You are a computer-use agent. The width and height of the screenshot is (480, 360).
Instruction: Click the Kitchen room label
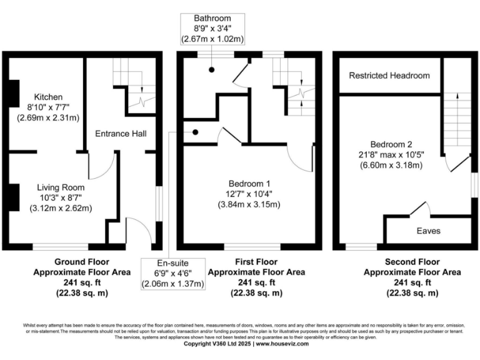point(48,97)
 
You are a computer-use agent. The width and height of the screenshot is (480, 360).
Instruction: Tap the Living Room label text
point(60,187)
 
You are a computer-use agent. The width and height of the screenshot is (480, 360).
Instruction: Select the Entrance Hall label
point(121,134)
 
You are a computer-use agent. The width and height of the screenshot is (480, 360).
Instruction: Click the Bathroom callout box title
point(212,18)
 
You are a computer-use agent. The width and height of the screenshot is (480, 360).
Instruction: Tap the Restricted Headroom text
point(389,76)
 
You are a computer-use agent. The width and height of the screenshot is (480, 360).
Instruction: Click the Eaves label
point(428,231)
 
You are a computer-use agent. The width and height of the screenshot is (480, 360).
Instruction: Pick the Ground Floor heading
point(82,262)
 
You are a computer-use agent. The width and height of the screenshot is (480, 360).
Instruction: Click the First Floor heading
point(256,262)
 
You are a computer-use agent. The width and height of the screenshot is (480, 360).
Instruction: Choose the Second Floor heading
point(412,262)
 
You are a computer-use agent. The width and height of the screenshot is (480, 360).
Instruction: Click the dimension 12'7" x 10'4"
point(249,194)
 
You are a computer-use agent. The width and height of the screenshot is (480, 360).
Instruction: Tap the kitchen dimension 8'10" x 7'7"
point(48,107)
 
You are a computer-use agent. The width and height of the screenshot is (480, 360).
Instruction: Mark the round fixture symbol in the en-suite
point(196,132)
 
